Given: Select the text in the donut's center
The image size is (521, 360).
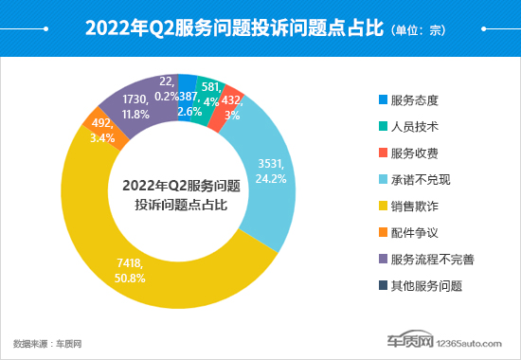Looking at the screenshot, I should pyautogui.click(x=181, y=194).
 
